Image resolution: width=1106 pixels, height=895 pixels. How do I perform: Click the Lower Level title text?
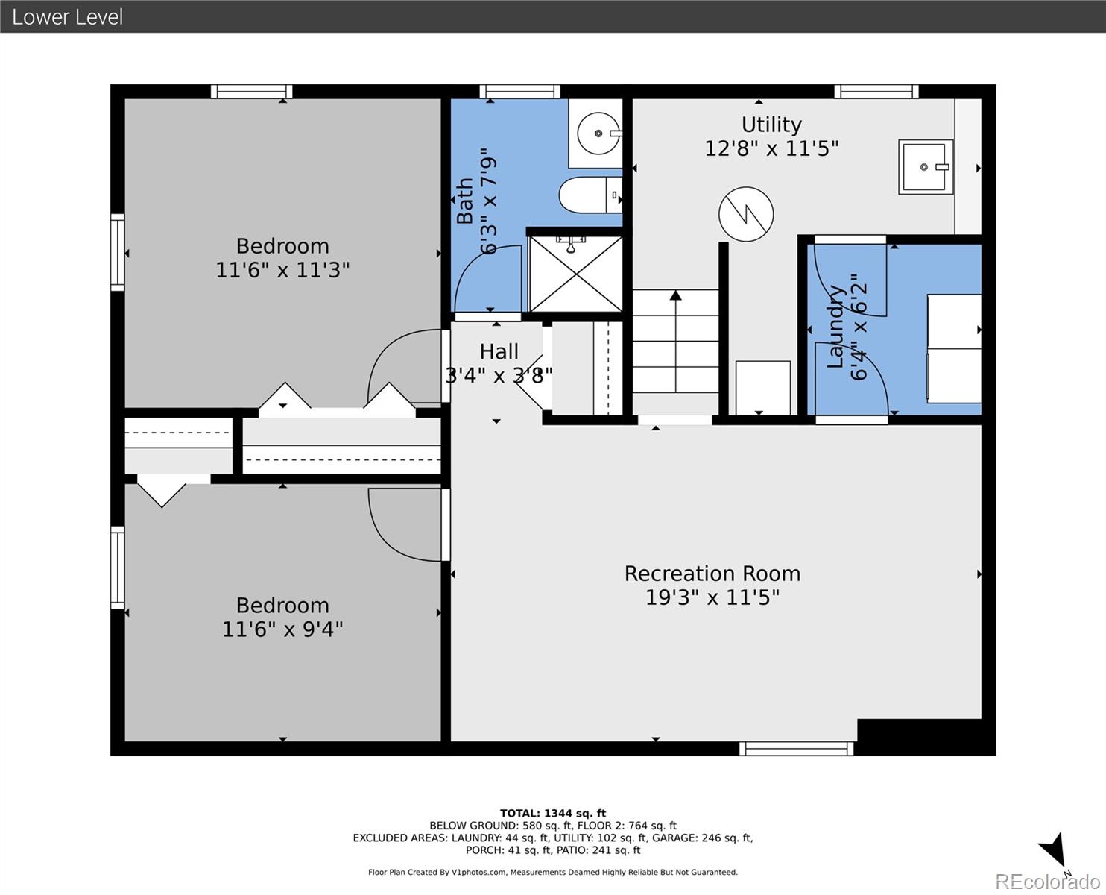[68, 17]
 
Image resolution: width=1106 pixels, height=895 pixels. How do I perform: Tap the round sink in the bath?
[598, 134]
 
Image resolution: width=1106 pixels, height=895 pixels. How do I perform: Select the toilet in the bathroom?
[590, 195]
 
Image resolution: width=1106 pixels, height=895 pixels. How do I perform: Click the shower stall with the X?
[575, 274]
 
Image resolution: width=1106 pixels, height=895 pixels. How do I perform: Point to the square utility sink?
[926, 167]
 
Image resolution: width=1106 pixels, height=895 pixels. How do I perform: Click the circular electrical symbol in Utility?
[746, 214]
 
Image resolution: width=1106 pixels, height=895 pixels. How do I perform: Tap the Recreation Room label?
[712, 574]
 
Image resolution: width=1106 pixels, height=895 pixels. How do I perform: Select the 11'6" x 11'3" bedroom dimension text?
[282, 270]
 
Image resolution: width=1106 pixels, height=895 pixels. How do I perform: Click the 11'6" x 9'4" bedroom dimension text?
[282, 629]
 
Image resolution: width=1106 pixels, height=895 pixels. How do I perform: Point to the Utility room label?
[771, 125]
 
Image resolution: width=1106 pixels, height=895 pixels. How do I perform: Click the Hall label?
[499, 352]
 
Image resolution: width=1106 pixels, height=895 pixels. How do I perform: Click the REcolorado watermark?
[1047, 882]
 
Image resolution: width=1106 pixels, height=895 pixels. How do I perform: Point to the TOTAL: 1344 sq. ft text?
[553, 814]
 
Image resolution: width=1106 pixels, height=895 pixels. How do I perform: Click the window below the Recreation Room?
[797, 749]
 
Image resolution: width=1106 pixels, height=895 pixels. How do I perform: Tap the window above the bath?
[519, 92]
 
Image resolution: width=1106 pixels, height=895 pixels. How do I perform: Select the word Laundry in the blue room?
[835, 326]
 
